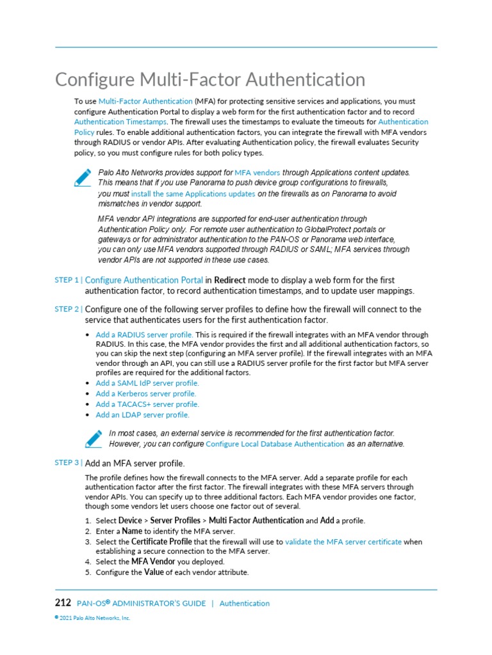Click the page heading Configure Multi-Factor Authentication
(210, 80)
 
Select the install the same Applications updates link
(193, 194)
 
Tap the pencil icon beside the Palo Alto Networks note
(83, 178)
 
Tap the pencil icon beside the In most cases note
(94, 438)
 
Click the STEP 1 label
(68, 280)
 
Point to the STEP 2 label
(68, 309)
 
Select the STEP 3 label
(68, 462)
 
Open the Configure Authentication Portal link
(144, 280)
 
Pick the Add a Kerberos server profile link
(146, 393)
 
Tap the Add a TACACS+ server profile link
(147, 404)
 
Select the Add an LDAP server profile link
(142, 414)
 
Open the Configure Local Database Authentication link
(275, 444)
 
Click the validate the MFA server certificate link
(343, 542)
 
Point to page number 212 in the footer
(63, 603)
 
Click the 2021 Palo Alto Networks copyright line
(92, 618)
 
